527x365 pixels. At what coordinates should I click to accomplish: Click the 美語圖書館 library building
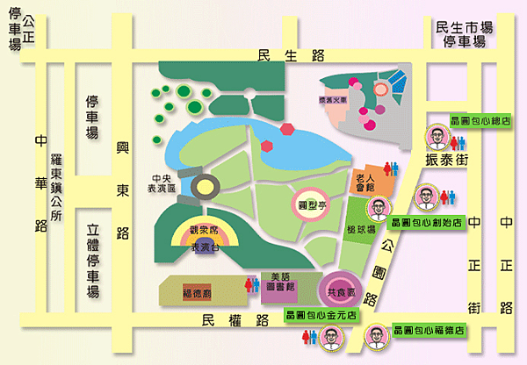(x=280, y=281)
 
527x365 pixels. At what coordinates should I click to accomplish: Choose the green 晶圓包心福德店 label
(x=429, y=332)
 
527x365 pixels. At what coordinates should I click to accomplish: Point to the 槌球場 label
(x=360, y=229)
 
